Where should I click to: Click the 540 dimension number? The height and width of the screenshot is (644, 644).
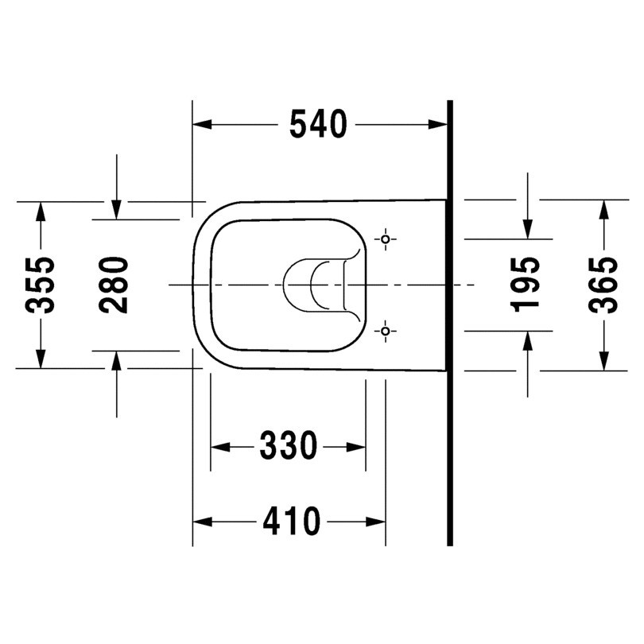tap(318, 124)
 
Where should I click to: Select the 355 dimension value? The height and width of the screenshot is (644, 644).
tap(40, 285)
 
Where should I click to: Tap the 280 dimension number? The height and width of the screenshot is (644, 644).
tap(114, 285)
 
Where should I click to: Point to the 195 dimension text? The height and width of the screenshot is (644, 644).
tap(525, 285)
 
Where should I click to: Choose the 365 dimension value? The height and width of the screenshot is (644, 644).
tap(603, 285)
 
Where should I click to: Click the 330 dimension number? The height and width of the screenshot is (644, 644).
tap(289, 445)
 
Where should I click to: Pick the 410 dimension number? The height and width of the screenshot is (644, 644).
tap(291, 522)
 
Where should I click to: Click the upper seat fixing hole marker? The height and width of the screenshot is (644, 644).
tap(386, 239)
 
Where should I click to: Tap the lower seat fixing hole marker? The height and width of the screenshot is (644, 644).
tap(386, 331)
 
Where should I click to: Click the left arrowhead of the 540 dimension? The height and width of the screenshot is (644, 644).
tap(202, 124)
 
